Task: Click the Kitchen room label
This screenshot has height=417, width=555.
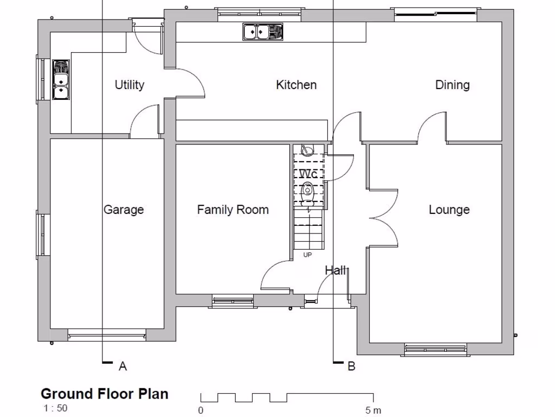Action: coord(296,85)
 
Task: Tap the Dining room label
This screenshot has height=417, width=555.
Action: coord(452,85)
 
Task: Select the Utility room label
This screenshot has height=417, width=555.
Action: coord(130,85)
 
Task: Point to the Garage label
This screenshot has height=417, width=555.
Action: coord(124,210)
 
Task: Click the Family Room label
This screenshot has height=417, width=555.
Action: coord(233,210)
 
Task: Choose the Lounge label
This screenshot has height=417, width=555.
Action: coord(449,210)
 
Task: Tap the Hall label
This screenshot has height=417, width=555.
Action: coord(335,270)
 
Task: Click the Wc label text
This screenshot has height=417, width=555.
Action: coord(308,174)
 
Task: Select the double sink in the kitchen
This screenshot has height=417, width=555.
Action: coord(262,32)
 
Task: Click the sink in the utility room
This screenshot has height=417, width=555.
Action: coord(61,80)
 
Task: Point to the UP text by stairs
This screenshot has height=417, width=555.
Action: coord(307,255)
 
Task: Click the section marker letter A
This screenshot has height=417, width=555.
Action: coord(122,367)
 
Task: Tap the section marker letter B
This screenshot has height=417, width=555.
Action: coord(351,367)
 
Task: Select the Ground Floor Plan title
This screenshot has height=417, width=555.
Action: coord(105,394)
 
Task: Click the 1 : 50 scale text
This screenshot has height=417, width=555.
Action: coord(56,408)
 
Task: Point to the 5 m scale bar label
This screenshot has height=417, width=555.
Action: coord(373,410)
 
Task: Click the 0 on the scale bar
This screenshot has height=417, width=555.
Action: coord(201,410)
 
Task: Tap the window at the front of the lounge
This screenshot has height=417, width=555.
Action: coord(435,349)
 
